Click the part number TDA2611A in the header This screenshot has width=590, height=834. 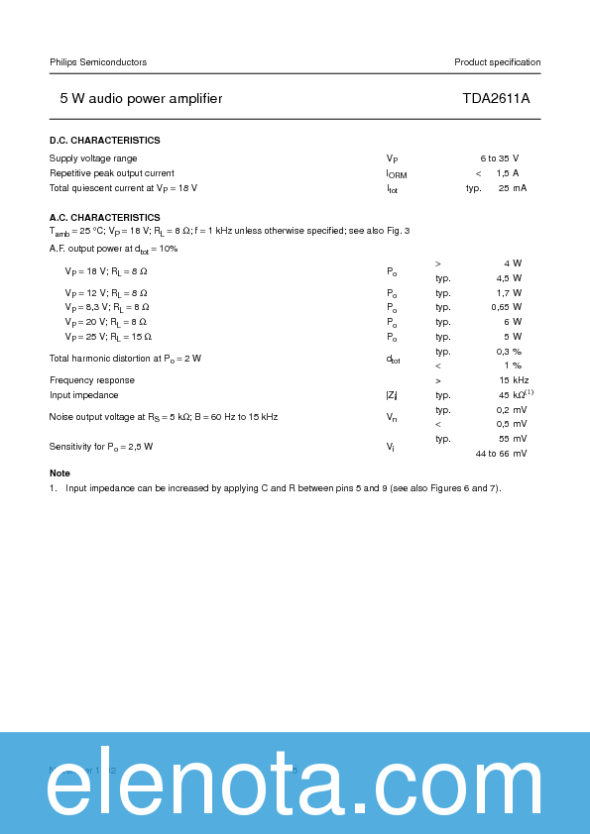click(496, 99)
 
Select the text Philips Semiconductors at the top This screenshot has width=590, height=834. click(98, 62)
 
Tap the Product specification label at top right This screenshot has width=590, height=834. click(497, 62)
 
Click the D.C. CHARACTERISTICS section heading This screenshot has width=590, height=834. click(104, 141)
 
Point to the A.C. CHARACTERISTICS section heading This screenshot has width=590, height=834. click(104, 217)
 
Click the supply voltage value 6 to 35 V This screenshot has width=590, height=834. click(500, 158)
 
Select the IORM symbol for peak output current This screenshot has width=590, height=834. click(396, 174)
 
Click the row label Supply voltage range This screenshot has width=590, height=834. click(93, 158)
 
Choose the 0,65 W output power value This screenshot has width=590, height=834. click(507, 307)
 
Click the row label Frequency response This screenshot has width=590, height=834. click(92, 380)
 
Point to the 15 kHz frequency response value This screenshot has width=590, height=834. click(513, 380)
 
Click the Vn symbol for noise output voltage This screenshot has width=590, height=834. click(392, 417)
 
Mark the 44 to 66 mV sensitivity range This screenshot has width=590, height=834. click(501, 454)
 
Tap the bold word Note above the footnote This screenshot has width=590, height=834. click(59, 473)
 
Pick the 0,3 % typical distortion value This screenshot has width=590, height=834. click(510, 352)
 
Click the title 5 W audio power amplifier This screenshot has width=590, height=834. click(141, 99)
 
